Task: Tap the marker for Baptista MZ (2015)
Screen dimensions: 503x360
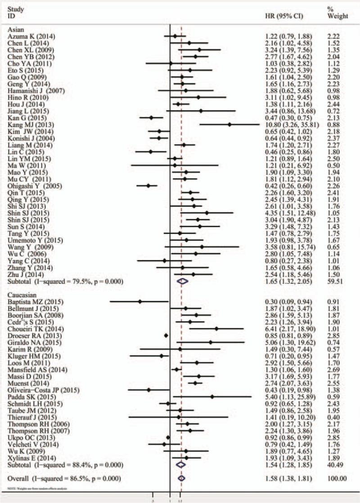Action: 140,301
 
